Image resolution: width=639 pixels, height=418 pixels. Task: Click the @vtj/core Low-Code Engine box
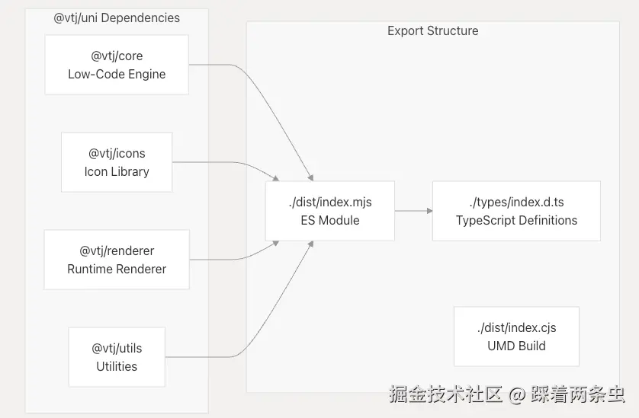point(116,65)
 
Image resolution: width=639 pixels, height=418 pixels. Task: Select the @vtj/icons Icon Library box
point(116,162)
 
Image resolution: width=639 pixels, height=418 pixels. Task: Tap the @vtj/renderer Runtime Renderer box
point(116,260)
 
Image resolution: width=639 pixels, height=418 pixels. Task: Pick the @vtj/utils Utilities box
point(116,357)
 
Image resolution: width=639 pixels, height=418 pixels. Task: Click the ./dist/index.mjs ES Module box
point(329,211)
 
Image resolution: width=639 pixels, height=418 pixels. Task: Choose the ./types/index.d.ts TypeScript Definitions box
point(516,211)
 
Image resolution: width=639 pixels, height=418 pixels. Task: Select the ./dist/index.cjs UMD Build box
point(516,337)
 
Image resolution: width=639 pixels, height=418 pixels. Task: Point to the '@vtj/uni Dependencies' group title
point(117,18)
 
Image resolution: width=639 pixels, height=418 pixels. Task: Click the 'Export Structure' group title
point(432,31)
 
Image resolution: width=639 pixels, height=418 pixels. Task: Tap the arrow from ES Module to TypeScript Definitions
point(413,211)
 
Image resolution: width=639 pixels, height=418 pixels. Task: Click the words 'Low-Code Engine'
point(116,75)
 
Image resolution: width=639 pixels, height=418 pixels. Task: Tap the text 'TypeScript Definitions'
point(516,221)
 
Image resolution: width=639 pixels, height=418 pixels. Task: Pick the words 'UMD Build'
point(516,346)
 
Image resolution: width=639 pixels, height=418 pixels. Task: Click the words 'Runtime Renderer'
point(116,270)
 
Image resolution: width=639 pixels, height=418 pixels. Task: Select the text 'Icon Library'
point(116,172)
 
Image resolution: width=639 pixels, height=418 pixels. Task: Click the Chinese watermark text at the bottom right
point(506,394)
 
